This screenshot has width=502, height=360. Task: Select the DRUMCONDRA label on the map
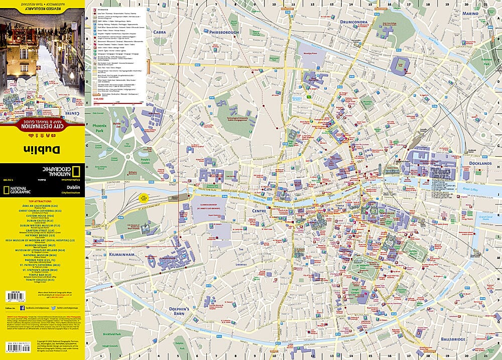(354, 22)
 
